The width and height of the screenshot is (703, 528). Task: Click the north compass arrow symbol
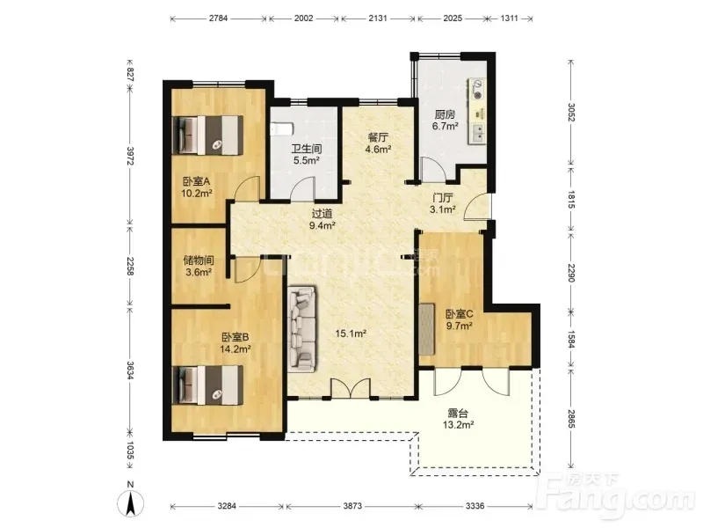click(130, 503)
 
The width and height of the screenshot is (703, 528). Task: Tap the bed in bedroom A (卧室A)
click(208, 136)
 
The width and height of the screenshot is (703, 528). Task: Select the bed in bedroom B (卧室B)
click(208, 385)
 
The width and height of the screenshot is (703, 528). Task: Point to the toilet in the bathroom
click(281, 129)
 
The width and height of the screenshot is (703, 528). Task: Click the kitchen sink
click(478, 132)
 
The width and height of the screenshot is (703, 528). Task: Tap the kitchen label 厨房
click(445, 115)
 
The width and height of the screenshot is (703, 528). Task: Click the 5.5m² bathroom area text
click(306, 160)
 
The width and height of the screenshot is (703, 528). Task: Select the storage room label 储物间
click(199, 260)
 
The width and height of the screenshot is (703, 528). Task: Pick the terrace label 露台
click(458, 413)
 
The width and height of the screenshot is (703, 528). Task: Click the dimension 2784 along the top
click(218, 18)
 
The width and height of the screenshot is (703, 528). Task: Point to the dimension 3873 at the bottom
click(352, 506)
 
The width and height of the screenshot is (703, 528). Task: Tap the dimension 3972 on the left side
click(130, 156)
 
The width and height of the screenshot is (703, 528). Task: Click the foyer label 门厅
click(443, 198)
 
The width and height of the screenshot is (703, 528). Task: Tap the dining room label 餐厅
click(378, 137)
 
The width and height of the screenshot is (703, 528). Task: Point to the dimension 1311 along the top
click(510, 18)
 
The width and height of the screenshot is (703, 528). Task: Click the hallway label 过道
click(322, 214)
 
